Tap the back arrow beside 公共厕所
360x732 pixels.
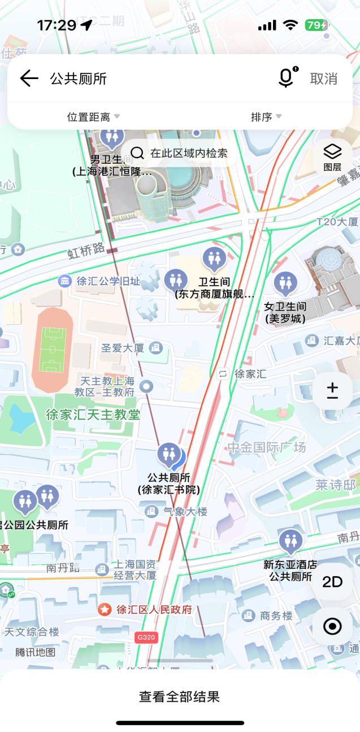coord(29,79)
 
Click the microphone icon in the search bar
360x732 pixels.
coord(287,78)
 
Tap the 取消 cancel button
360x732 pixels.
coord(324,79)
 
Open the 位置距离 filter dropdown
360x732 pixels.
coord(93,117)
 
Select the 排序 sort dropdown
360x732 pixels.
coord(266,117)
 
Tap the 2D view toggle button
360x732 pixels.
coord(332,582)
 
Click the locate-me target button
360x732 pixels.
coord(332,626)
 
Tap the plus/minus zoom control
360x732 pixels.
coord(332,390)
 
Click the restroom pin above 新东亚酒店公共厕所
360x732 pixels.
coord(290,541)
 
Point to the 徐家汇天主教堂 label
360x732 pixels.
coord(93,415)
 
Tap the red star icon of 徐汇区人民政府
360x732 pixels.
coord(105,610)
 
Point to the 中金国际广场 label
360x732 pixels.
coord(267,448)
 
